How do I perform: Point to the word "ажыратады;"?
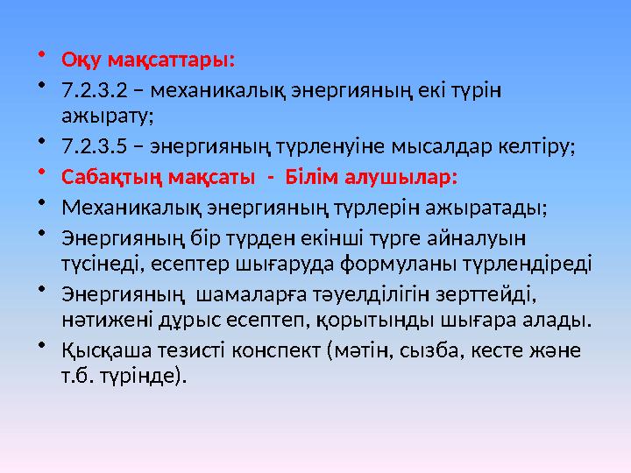click(491, 208)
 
